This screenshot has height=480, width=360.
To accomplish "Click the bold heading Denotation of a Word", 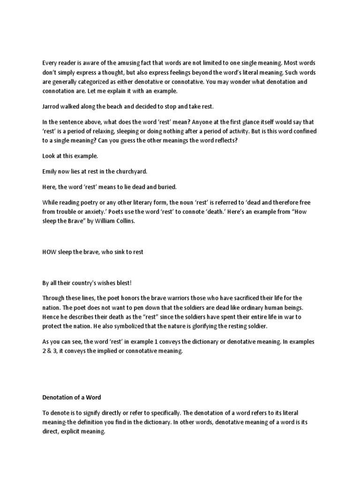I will (x=71, y=397).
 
